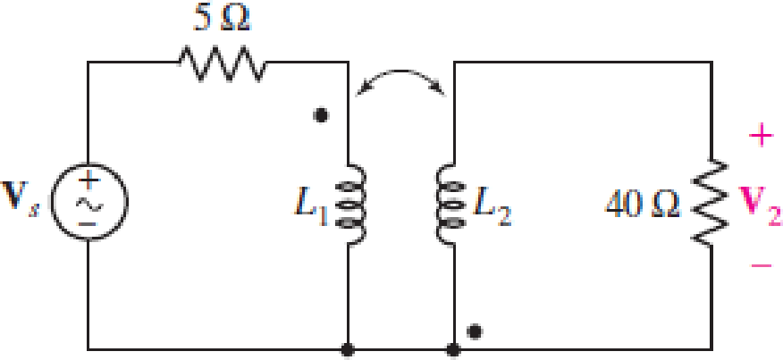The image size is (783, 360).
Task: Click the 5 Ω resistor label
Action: tap(223, 20)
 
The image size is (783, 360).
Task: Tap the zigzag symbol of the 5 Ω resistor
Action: tap(223, 63)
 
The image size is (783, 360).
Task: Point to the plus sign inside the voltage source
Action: tap(89, 179)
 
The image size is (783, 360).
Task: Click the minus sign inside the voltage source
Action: tap(88, 223)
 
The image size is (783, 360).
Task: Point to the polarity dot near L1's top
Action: tap(320, 115)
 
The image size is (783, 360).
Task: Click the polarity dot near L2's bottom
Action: tap(476, 331)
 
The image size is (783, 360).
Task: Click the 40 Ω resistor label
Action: tap(642, 205)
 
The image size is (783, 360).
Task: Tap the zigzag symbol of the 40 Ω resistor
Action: tap(709, 203)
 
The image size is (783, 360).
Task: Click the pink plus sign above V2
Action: tap(761, 135)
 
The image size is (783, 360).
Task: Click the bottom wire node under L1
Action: tap(348, 350)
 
